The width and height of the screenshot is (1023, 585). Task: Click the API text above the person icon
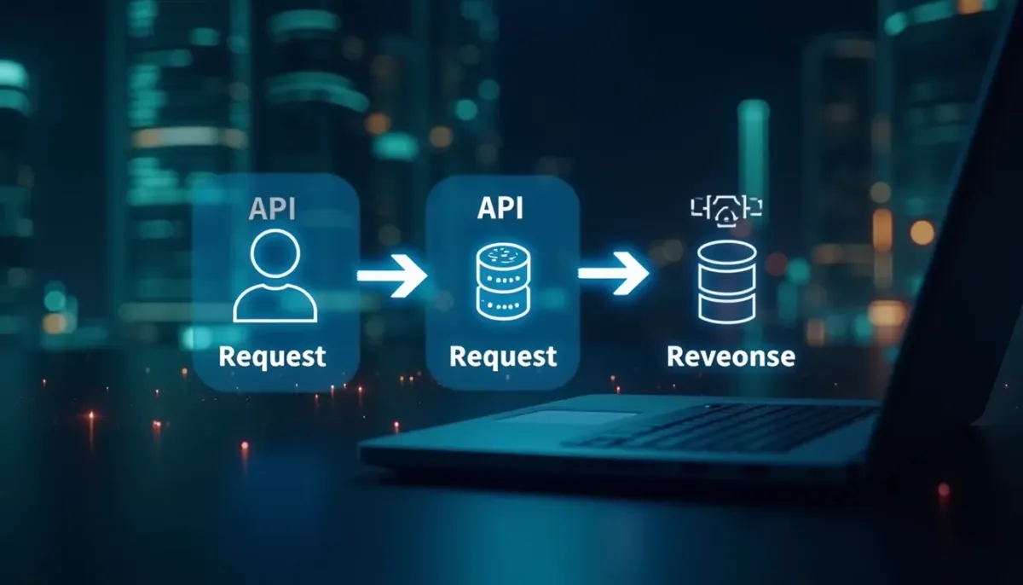[x=273, y=208]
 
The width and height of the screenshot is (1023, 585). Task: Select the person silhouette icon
[x=275, y=278]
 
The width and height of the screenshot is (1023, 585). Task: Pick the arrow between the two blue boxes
[x=391, y=275]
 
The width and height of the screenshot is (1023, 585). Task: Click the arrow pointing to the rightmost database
[x=613, y=273]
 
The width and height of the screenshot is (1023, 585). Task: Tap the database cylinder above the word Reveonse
[x=727, y=281]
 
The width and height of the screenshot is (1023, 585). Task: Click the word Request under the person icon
[x=272, y=356]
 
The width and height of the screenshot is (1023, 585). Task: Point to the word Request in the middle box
[x=502, y=356]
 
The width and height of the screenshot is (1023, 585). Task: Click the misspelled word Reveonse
[x=731, y=356]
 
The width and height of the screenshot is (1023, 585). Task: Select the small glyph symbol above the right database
[x=725, y=209]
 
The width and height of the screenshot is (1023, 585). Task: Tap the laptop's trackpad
[x=567, y=418]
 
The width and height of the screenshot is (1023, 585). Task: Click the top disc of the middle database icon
[x=503, y=254]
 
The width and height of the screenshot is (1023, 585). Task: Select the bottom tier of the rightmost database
[x=727, y=308]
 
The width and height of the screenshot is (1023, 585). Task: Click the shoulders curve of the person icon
[x=275, y=304]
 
